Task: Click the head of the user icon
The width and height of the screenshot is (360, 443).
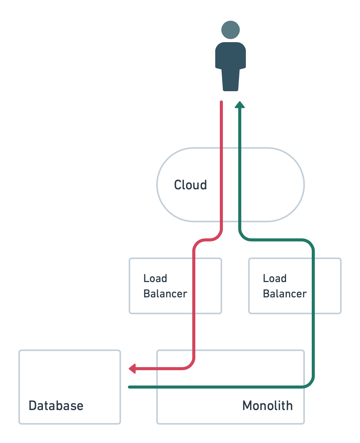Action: pyautogui.click(x=231, y=30)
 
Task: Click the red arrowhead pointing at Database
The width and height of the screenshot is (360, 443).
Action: pyautogui.click(x=132, y=369)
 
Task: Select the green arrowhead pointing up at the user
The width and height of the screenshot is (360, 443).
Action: pyautogui.click(x=240, y=104)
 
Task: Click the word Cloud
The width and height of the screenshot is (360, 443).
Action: pyautogui.click(x=190, y=185)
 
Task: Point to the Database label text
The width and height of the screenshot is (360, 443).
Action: pyautogui.click(x=56, y=405)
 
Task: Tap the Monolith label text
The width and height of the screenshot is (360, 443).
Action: pyautogui.click(x=267, y=405)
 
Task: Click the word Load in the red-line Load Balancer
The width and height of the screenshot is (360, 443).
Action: pyautogui.click(x=155, y=278)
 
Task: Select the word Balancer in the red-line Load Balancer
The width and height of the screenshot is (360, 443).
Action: pyautogui.click(x=165, y=294)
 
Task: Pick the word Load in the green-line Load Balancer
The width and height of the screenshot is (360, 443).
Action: pyautogui.click(x=275, y=278)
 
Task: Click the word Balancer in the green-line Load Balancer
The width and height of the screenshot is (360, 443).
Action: pyautogui.click(x=285, y=294)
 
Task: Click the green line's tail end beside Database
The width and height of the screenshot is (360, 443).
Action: pyautogui.click(x=129, y=387)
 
